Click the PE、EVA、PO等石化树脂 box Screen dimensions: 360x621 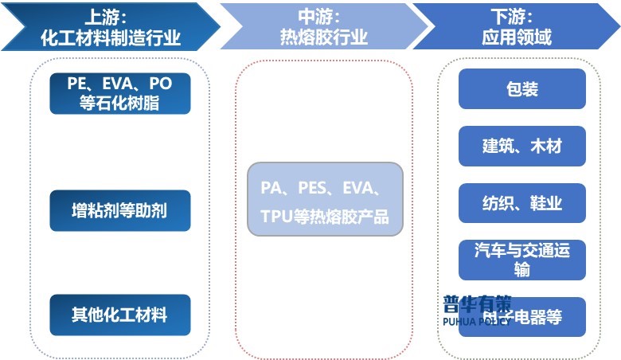click(x=120, y=93)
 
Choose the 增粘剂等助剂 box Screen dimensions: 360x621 click(x=120, y=210)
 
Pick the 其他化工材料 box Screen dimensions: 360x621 click(x=120, y=314)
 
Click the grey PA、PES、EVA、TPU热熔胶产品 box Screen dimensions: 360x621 click(x=325, y=199)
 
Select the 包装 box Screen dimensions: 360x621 click(x=522, y=88)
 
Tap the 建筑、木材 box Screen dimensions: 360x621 click(x=522, y=146)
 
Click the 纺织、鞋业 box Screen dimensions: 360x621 click(x=522, y=203)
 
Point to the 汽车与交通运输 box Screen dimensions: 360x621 click(x=522, y=260)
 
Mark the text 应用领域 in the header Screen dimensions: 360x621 click(x=517, y=37)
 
